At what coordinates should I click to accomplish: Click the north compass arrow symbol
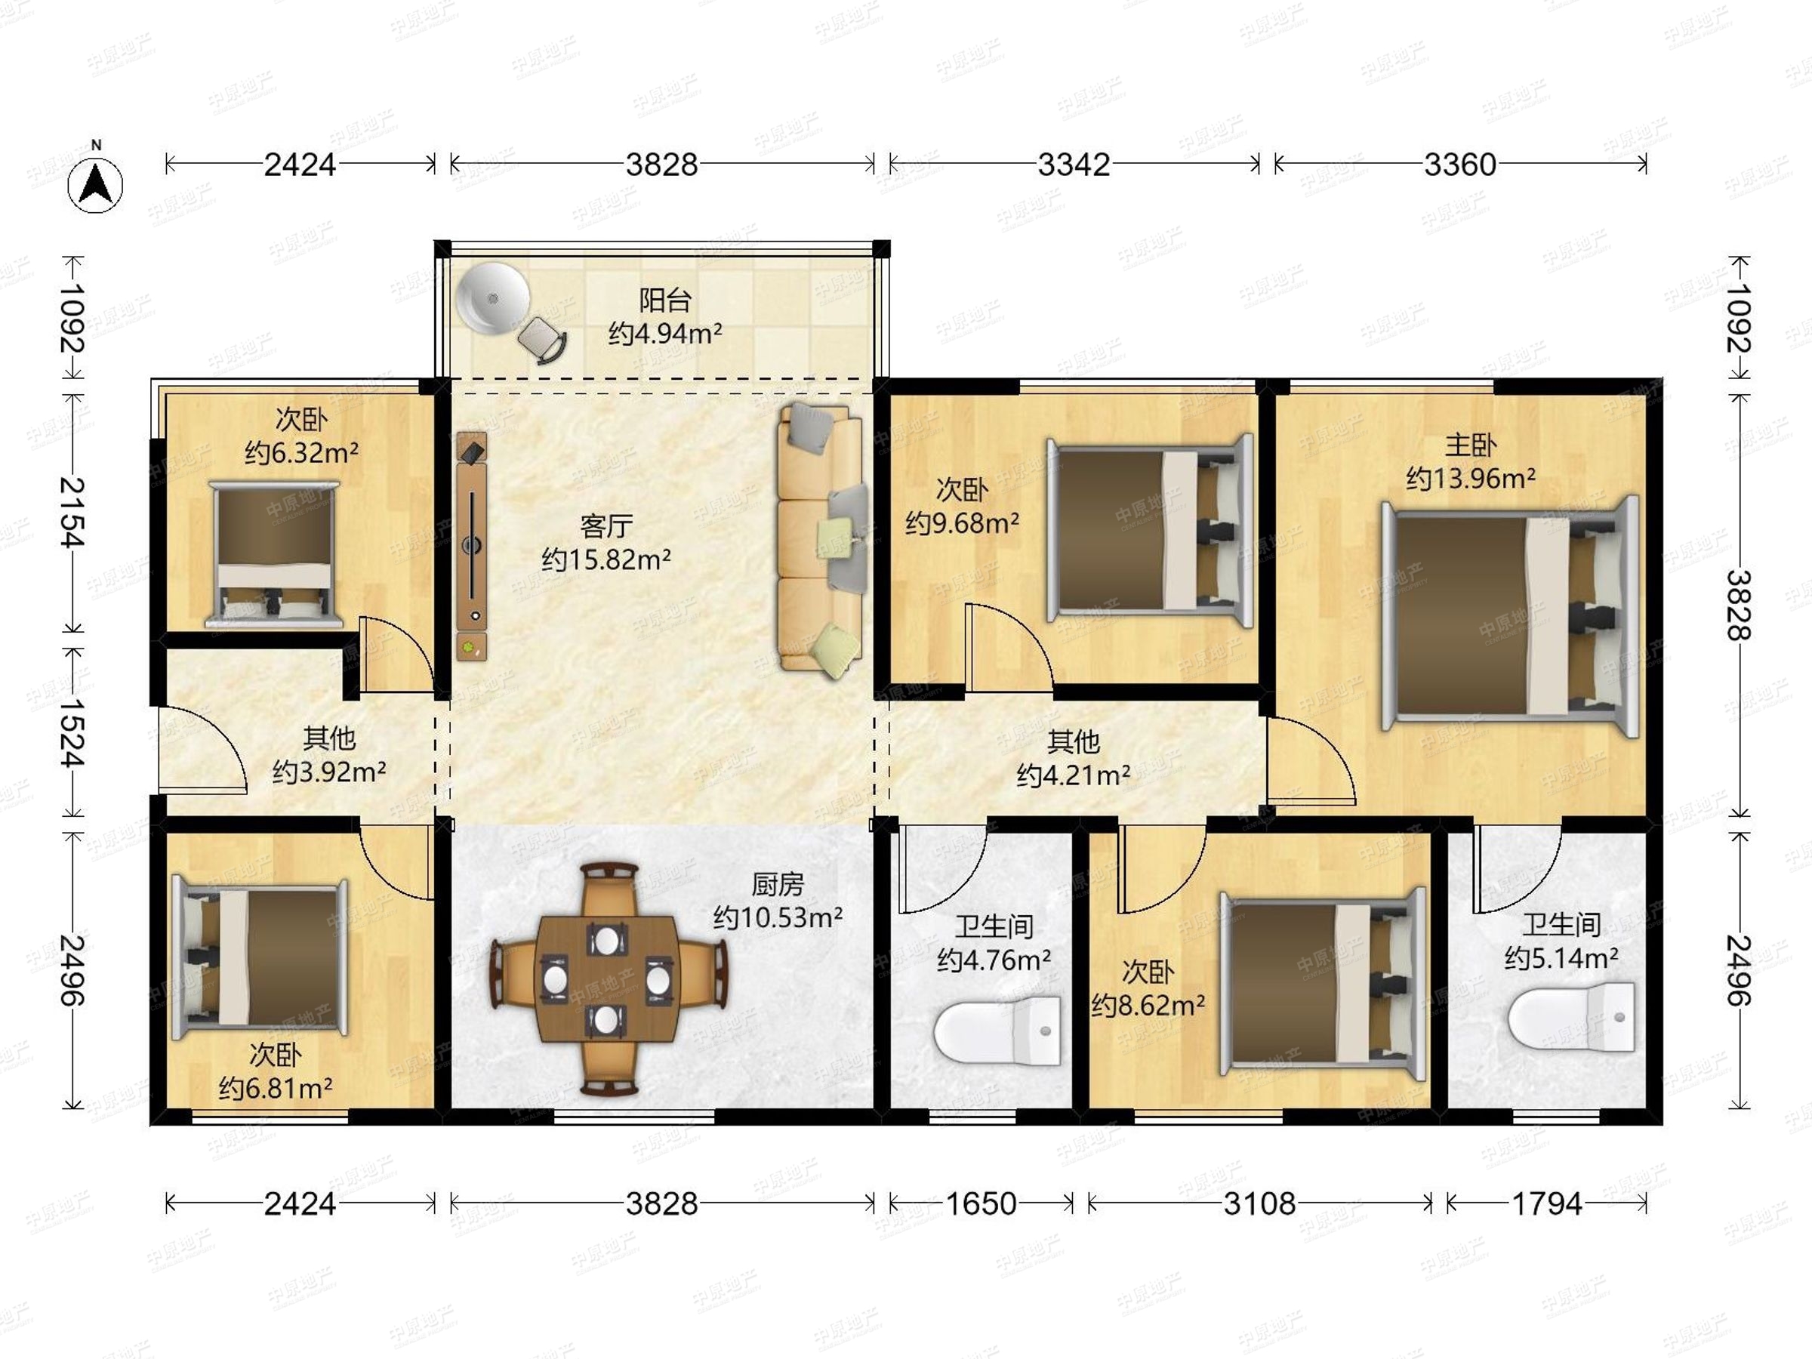(x=96, y=184)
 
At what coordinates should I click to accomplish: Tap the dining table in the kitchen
(x=607, y=980)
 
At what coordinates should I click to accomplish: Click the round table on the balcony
(x=493, y=298)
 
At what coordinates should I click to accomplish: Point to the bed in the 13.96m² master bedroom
(x=1511, y=617)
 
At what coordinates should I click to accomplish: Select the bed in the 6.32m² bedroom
(x=274, y=555)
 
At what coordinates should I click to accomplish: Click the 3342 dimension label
(x=1073, y=165)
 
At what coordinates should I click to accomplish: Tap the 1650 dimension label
(x=981, y=1203)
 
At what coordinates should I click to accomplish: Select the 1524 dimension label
(x=72, y=732)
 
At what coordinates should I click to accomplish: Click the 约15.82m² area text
(x=606, y=559)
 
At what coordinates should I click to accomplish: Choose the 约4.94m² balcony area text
(x=664, y=334)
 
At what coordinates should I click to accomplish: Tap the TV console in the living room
(x=472, y=547)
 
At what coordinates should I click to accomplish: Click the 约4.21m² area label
(x=1073, y=775)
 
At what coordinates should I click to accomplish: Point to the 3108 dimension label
(x=1259, y=1203)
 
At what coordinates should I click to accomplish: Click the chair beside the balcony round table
(x=542, y=338)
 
